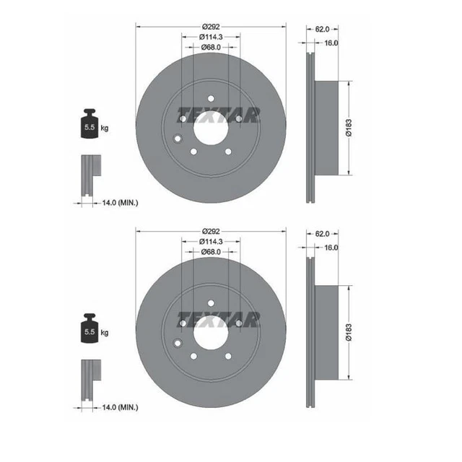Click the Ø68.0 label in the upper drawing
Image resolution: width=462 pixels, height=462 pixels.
coord(210,48)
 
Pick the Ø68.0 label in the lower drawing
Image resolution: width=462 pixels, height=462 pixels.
coord(210,252)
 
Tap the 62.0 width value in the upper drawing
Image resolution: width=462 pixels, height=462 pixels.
coord(323,29)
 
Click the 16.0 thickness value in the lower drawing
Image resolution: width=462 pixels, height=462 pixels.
coord(331,247)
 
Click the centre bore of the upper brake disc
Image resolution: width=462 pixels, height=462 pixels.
coord(211,127)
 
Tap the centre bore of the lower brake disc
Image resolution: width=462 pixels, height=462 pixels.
coord(211,331)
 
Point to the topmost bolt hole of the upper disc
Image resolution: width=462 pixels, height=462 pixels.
coord(211,99)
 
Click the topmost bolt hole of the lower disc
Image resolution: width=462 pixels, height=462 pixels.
coord(211,302)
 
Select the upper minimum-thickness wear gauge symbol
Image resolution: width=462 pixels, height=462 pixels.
coord(89,173)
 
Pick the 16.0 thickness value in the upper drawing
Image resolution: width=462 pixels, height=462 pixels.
coord(331,43)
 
